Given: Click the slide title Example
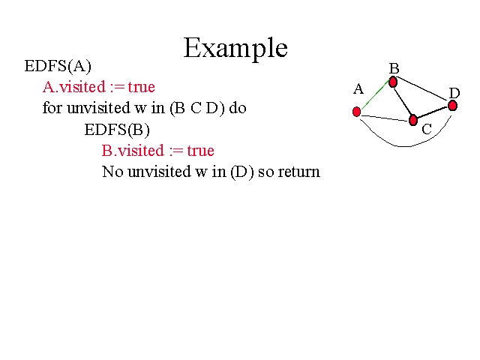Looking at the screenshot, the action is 235,48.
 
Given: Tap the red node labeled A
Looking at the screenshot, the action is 356,112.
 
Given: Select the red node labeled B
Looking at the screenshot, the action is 393,82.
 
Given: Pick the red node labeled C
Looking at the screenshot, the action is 413,120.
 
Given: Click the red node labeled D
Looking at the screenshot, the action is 452,106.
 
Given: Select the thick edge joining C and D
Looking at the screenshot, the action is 433,112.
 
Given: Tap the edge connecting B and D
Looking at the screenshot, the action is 421,88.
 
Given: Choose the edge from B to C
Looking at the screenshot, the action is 402,102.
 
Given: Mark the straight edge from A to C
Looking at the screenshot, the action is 385,118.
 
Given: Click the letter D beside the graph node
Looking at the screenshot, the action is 454,93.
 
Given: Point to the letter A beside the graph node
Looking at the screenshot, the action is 358,89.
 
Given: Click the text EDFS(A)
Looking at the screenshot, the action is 58,66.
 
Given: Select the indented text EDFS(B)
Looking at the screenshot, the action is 117,130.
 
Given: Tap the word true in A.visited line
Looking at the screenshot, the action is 142,87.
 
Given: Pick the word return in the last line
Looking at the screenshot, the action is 299,172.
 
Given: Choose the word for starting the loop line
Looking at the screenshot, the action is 52,107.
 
